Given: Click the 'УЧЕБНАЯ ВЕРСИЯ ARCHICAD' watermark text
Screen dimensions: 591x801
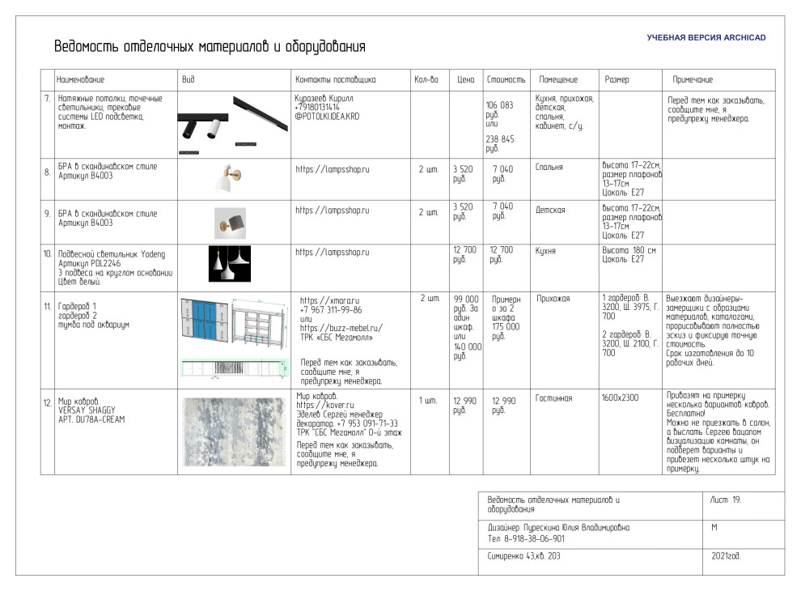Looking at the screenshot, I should click(x=706, y=38).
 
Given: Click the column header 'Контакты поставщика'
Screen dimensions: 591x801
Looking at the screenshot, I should click(x=335, y=80).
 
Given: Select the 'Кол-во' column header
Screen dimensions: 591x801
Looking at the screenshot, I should click(x=426, y=80).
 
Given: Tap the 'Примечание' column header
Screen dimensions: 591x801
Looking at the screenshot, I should click(x=693, y=80).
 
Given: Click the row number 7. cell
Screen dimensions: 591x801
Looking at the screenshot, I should click(x=47, y=98).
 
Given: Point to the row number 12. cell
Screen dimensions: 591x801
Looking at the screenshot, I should click(x=47, y=401).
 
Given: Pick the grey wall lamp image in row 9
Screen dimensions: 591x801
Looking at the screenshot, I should click(x=231, y=221).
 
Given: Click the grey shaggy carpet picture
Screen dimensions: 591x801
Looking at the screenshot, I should click(x=233, y=432).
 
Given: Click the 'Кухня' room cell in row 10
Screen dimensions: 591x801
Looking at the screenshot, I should click(x=546, y=251).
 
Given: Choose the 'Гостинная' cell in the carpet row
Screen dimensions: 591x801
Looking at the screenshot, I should click(x=553, y=398).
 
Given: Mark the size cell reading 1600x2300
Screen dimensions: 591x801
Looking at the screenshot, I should click(x=620, y=398).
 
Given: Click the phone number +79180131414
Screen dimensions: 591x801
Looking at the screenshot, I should click(x=316, y=107).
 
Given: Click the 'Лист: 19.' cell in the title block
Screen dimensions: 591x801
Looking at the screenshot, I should click(x=725, y=500).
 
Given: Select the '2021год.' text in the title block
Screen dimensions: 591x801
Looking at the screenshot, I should click(x=726, y=556).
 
